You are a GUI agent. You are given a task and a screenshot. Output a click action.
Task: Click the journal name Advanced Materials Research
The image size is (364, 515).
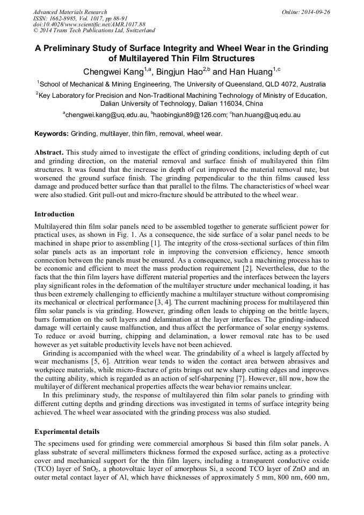point(70,12)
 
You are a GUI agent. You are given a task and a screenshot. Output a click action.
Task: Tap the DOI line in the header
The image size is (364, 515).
point(89,25)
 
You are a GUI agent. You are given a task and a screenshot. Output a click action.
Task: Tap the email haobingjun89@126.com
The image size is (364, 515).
point(188,115)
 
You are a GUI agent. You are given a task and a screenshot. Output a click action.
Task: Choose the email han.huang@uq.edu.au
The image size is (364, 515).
point(266,115)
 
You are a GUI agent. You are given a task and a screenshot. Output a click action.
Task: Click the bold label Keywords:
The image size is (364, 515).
point(52,134)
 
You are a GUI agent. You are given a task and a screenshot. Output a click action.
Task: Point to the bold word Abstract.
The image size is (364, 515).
point(49,153)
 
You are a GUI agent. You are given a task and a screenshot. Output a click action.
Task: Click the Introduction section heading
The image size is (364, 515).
point(54,214)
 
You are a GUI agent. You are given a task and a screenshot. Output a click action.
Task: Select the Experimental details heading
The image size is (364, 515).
point(67,432)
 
